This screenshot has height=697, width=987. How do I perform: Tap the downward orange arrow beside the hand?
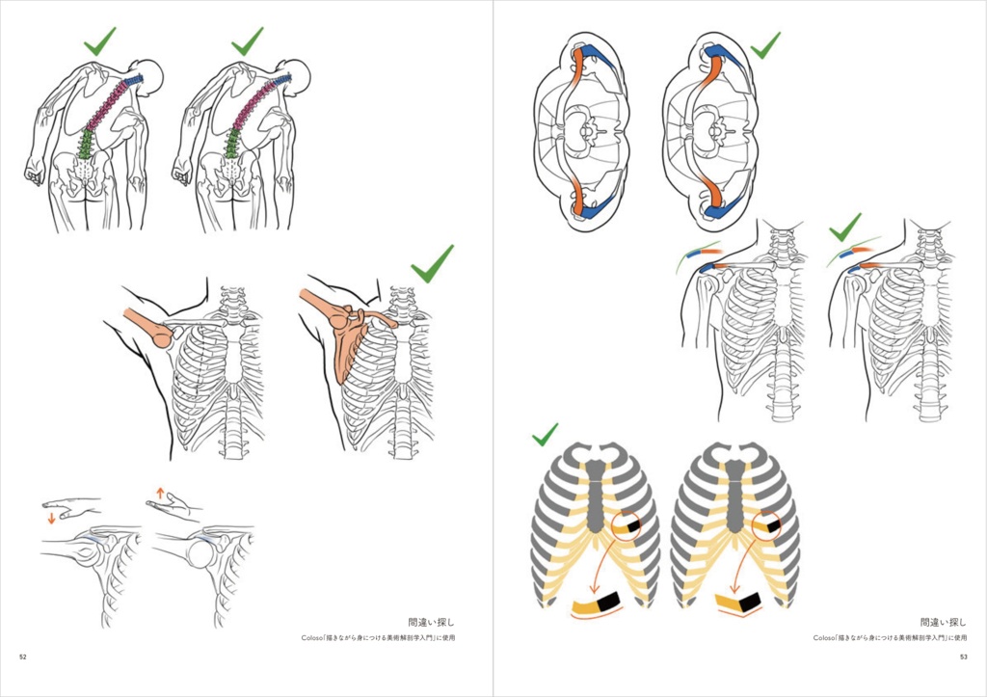tap(51, 519)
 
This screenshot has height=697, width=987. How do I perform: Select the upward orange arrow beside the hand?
tap(160, 493)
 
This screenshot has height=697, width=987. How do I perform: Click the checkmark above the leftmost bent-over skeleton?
tap(98, 40)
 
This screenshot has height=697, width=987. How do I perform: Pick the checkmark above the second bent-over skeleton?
tap(247, 40)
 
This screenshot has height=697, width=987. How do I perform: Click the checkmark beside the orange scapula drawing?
tap(431, 262)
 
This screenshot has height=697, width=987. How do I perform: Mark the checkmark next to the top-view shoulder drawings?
tap(765, 44)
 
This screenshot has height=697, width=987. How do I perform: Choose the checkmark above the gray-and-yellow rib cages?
tap(545, 435)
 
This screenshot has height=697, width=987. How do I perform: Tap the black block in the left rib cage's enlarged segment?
tap(608, 603)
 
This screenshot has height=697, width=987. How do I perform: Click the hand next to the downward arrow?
tap(73, 505)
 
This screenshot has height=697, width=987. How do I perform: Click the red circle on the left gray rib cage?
tap(627, 527)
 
